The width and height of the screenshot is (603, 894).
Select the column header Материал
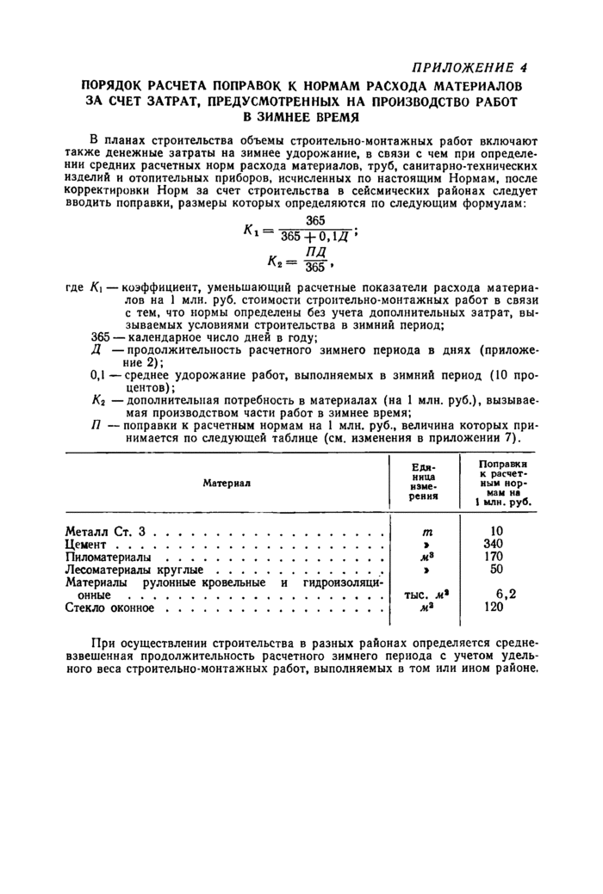coord(225,483)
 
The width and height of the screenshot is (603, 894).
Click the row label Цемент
coord(85,545)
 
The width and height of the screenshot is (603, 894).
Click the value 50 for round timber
coord(496,570)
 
